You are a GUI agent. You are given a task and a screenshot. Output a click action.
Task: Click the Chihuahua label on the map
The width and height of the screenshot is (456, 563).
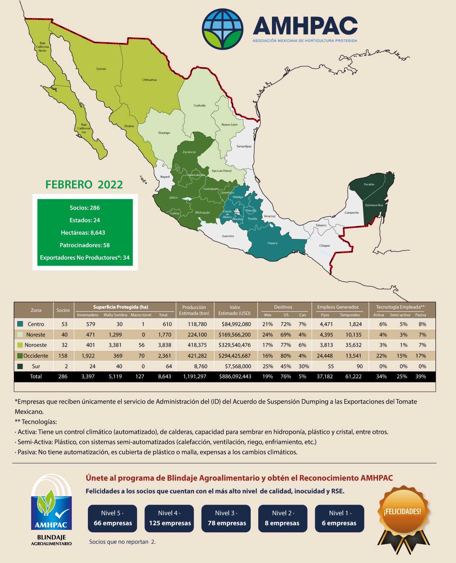149,80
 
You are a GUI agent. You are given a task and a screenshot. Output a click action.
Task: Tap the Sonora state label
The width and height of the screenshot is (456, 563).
101,69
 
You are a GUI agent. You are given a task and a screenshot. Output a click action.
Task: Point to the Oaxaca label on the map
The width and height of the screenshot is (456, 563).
272,243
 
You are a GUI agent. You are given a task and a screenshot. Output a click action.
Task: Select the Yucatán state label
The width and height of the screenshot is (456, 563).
369,184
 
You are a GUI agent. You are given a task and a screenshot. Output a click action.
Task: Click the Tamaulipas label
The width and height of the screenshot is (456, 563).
244,146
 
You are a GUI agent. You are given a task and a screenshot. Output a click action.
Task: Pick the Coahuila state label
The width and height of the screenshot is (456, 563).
200,106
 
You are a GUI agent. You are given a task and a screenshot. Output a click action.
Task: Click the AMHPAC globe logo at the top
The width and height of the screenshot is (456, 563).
223,29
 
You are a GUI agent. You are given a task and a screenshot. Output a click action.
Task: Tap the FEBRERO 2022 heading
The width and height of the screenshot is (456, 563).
84,185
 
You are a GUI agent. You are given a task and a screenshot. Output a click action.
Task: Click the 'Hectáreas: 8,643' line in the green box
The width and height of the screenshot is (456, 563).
83,232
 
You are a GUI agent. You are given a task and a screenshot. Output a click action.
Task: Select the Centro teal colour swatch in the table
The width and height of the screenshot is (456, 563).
20,324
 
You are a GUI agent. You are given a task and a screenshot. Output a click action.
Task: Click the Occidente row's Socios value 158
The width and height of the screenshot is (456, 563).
63,356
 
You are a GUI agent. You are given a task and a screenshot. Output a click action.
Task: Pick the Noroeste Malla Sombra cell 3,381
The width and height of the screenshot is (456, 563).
115,345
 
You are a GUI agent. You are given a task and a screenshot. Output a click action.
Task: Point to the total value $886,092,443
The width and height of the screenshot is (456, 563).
235,376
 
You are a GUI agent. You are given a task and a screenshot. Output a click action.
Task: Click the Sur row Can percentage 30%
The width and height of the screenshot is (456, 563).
304,366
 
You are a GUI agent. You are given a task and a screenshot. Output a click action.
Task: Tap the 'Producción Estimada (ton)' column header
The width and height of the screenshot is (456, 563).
194,310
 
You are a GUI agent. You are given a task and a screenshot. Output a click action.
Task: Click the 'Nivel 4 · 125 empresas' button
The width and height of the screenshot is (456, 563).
169,518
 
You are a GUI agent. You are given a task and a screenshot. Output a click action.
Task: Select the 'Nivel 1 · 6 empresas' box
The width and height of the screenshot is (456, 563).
339,518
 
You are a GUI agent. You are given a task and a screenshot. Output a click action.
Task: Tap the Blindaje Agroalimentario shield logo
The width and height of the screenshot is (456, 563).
52,508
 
